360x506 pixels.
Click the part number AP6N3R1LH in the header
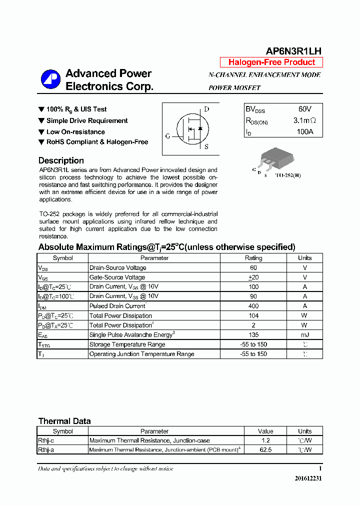click(293, 51)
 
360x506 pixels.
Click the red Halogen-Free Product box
click(271, 62)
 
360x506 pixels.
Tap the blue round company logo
click(50, 80)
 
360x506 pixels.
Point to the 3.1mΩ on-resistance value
click(304, 120)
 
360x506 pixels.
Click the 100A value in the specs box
click(304, 132)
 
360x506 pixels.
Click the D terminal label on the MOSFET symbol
click(206, 109)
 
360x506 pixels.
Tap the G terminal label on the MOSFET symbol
click(167, 135)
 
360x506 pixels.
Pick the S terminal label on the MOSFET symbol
click(206, 146)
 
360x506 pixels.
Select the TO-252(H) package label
click(288, 175)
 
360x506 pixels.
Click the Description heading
click(61, 160)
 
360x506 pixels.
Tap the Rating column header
click(253, 258)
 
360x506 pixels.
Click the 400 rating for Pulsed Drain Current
click(253, 306)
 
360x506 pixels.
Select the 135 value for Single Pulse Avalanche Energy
click(253, 334)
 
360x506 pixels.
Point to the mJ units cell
click(304, 334)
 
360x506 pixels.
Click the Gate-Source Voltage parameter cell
click(117, 277)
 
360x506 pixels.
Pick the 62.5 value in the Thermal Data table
click(265, 449)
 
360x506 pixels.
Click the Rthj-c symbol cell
click(46, 440)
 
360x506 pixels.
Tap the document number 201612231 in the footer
click(308, 478)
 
